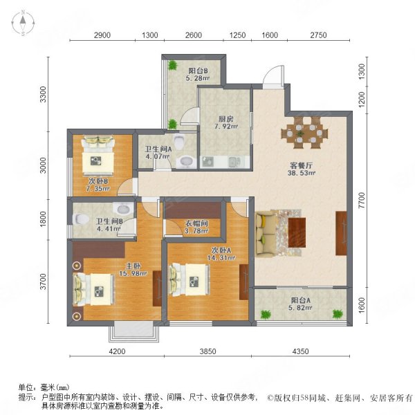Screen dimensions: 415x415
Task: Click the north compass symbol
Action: click(x=23, y=24)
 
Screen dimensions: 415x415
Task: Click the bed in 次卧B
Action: click(x=98, y=158)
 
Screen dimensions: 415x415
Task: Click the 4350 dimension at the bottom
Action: click(x=301, y=351)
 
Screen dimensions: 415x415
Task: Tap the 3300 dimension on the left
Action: click(x=43, y=94)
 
